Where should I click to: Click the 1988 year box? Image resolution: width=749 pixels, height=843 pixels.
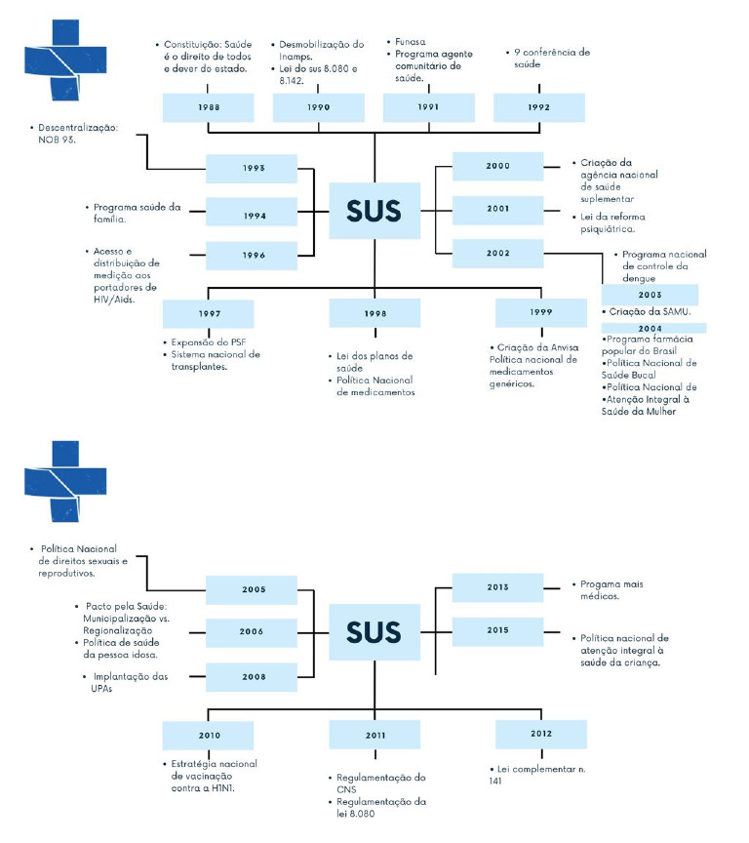(209, 107)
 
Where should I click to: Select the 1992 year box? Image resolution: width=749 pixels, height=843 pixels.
(539, 107)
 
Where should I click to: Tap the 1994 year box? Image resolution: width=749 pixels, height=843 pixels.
(252, 212)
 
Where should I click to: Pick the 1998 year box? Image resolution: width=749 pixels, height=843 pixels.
(374, 313)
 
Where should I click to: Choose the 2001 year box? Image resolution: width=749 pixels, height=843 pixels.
(497, 210)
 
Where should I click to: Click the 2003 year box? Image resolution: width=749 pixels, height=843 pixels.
(650, 295)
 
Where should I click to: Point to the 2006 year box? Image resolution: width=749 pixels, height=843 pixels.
(252, 633)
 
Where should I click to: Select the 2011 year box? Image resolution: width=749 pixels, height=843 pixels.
(374, 735)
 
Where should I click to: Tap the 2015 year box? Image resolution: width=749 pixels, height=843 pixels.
(497, 631)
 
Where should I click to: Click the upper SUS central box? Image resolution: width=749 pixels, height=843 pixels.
(374, 211)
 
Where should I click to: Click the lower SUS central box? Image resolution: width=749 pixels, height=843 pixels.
(374, 632)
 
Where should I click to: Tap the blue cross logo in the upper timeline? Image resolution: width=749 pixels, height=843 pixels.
(65, 60)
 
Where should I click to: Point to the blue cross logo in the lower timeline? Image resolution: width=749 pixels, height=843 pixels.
(65, 482)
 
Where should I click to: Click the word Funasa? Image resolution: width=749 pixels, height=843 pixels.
(411, 41)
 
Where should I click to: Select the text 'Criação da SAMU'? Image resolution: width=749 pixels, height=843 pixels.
(650, 312)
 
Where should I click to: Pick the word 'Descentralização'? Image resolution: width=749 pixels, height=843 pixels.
(78, 128)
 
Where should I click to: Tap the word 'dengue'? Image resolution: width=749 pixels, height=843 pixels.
(639, 278)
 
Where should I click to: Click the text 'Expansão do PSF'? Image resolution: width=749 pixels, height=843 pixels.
(209, 342)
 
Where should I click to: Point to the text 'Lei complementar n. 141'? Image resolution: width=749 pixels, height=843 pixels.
(537, 775)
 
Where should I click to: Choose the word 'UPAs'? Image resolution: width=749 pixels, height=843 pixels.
(101, 689)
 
